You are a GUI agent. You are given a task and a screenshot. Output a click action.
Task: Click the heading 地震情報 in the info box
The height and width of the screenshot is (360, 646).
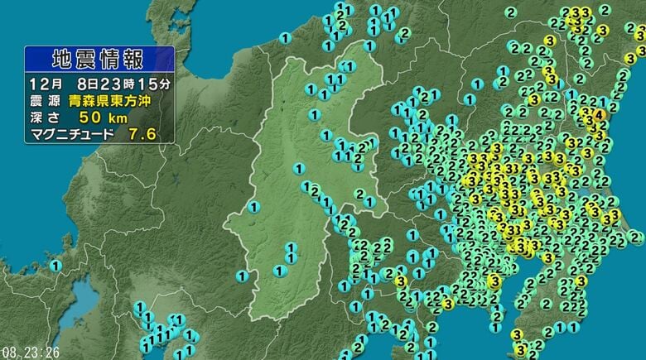pos(98,60)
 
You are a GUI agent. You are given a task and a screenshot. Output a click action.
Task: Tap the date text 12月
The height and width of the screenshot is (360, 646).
pos(46,84)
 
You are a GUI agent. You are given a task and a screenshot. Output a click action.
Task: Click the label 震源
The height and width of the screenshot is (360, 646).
pos(46,101)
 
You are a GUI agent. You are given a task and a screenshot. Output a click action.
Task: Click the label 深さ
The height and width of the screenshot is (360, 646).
pos(46,117)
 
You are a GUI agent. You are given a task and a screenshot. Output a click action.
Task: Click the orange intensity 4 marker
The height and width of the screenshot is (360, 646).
pos(599,114)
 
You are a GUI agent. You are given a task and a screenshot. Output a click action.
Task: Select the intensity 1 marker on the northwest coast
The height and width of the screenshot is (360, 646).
pos(285,37)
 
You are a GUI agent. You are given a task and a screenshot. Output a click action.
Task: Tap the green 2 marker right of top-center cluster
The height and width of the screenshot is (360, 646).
pos(405,33)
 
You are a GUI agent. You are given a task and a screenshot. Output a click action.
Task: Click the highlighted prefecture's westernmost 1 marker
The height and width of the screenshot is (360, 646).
pos(253,206)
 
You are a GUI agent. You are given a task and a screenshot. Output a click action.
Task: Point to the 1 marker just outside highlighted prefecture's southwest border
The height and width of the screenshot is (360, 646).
pos(242,275)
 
